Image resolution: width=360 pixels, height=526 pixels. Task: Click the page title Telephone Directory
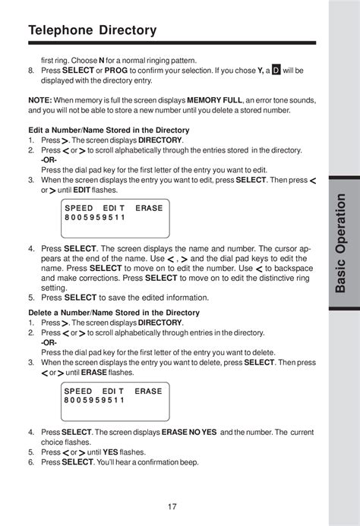coord(92,30)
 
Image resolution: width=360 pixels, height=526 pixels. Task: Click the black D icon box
coord(276,70)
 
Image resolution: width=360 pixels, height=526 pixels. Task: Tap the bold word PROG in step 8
coord(115,70)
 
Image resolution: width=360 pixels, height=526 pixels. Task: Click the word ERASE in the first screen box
coord(149,207)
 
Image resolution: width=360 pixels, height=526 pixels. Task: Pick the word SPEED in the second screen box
coord(79,390)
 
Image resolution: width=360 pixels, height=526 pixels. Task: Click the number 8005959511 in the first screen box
coord(95,217)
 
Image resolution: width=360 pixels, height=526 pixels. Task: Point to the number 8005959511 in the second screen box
coord(95,400)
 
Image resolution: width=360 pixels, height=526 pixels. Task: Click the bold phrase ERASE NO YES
coord(188,432)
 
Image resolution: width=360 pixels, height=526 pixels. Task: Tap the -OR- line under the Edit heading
coord(50,160)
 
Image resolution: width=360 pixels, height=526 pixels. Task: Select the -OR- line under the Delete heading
coord(50,342)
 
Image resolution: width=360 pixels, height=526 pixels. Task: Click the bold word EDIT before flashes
coord(81,190)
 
